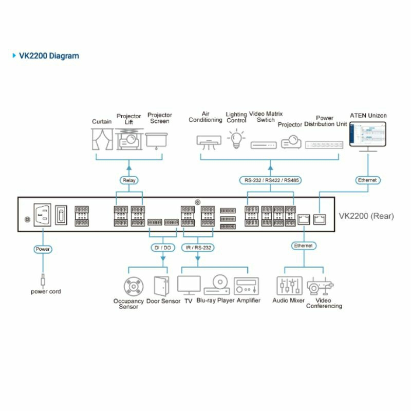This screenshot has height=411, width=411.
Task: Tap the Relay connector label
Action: [128, 180]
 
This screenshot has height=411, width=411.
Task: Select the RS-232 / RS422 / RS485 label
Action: [270, 180]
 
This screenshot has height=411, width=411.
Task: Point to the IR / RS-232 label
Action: [197, 248]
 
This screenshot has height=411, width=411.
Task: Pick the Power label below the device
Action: [43, 249]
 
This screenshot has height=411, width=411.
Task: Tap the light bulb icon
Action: [236, 139]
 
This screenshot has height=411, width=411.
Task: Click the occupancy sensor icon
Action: [133, 286]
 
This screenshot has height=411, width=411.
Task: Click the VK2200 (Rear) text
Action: [366, 216]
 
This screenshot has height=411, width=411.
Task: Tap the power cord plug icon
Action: [43, 281]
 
